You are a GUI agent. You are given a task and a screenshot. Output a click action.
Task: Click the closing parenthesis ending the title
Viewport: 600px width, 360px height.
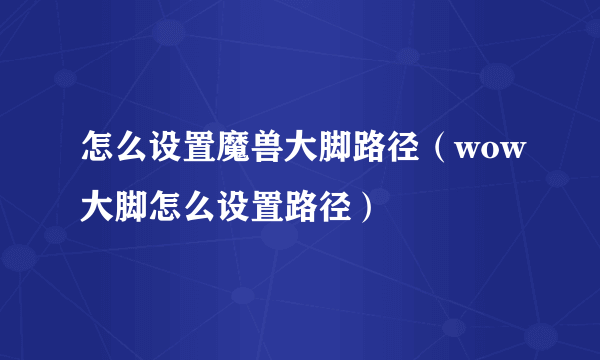click(371, 210)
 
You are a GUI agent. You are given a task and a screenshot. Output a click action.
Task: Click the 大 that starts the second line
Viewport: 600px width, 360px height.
click(96, 210)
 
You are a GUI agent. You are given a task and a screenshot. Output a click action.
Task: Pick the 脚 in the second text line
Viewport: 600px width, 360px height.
click(129, 210)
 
